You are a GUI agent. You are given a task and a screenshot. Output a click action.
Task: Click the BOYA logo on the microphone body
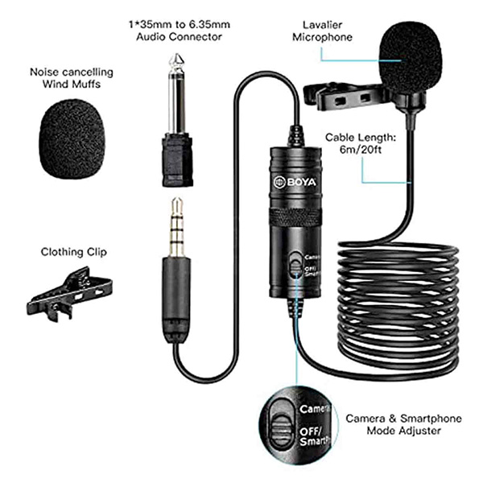click(x=295, y=182)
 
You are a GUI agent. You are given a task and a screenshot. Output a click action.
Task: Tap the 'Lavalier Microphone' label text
click(x=322, y=31)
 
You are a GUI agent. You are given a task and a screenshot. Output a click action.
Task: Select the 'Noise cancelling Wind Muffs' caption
click(x=72, y=78)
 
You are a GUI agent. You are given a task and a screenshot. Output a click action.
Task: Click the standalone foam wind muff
click(x=72, y=139)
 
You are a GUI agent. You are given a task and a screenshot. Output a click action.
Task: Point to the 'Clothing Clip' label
click(x=74, y=252)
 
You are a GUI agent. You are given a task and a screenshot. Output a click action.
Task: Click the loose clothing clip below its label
click(x=69, y=294)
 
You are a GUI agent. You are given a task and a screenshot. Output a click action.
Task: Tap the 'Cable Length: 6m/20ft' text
click(x=361, y=143)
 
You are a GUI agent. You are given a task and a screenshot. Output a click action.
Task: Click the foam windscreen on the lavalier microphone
click(x=411, y=58)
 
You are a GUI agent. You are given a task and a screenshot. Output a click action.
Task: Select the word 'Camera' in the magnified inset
click(x=315, y=409)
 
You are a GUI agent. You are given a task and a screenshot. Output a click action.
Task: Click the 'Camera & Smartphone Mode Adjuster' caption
click(x=403, y=424)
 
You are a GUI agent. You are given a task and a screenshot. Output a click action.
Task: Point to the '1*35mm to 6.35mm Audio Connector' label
click(x=180, y=31)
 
